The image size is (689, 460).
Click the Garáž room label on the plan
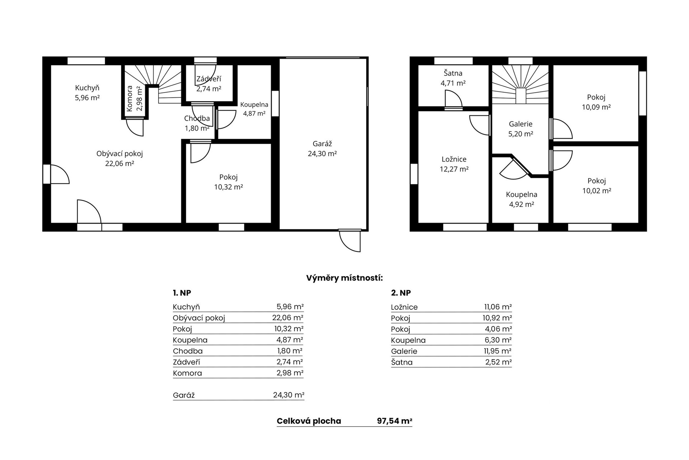point(322,144)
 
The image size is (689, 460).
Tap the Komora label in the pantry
point(130,98)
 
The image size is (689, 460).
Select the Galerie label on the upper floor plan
point(520,124)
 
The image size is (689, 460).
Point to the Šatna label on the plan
point(453,73)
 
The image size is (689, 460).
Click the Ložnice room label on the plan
point(454,159)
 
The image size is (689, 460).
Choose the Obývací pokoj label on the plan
point(119,154)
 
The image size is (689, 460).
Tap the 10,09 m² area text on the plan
point(596,107)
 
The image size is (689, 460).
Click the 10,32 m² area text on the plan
point(229,187)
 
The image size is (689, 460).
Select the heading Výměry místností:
point(344,278)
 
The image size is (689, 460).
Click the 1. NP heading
point(182,293)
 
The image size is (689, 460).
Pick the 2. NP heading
point(401,293)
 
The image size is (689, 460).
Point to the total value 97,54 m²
point(394,421)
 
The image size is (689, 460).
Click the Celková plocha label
point(309,421)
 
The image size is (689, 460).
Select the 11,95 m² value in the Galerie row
point(498,351)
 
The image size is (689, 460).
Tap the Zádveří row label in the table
point(187,362)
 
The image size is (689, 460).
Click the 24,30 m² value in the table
point(289,395)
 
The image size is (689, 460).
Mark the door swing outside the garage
point(350,241)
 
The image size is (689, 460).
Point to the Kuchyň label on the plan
point(87,88)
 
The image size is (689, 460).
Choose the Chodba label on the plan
point(197,118)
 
